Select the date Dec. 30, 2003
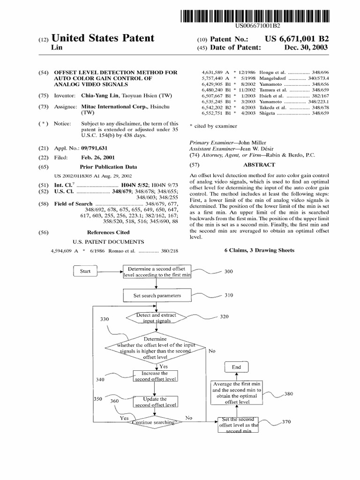pos(306,48)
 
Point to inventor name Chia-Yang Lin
pos(97,96)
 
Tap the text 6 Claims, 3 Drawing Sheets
pos(260,250)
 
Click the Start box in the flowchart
pos(85,271)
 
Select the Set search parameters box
pos(157,296)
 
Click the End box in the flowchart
pos(236,367)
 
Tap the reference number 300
pos(228,272)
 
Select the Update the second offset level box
pos(155,402)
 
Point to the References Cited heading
pos(108,232)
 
